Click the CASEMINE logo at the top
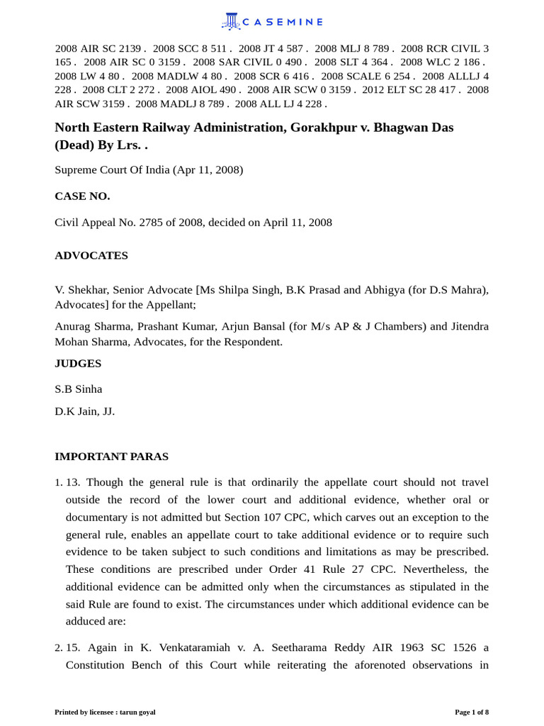pos(272,22)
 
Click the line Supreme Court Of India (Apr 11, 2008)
pos(149,170)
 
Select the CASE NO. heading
pos(82,196)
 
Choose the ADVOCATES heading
pos(91,256)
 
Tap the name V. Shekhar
pos(81,290)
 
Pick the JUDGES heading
pos(78,364)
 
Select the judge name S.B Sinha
pos(79,389)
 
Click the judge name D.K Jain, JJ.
pos(84,411)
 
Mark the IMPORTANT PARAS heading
pos(111,457)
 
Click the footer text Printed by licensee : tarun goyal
pos(105,712)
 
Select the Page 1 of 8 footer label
pos(471,712)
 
